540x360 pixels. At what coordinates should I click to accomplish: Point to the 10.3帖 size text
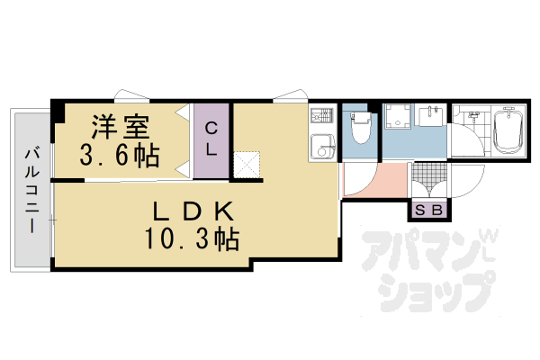190,240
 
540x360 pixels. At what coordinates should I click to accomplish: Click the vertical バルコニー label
30,188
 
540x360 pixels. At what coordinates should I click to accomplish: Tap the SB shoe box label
427,211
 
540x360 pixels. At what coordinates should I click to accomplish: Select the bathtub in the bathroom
509,132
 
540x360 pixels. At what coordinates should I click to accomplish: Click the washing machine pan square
398,117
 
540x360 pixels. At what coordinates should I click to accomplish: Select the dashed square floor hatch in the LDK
247,163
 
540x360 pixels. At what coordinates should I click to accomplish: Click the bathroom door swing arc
465,144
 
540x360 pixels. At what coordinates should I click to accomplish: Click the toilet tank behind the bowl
361,118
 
